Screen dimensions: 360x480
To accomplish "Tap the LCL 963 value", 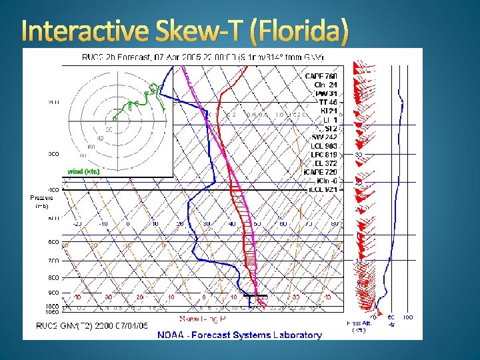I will pos(324,145).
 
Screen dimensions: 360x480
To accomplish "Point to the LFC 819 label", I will pos(324,154).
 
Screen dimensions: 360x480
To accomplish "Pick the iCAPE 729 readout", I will pos(323,172).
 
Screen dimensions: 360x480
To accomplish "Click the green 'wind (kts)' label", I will pos(83,171).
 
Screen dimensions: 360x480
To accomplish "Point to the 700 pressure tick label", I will pos(52,260).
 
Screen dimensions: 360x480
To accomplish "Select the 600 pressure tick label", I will pos(52,241).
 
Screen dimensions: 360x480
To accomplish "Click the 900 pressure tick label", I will pos(52,293).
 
